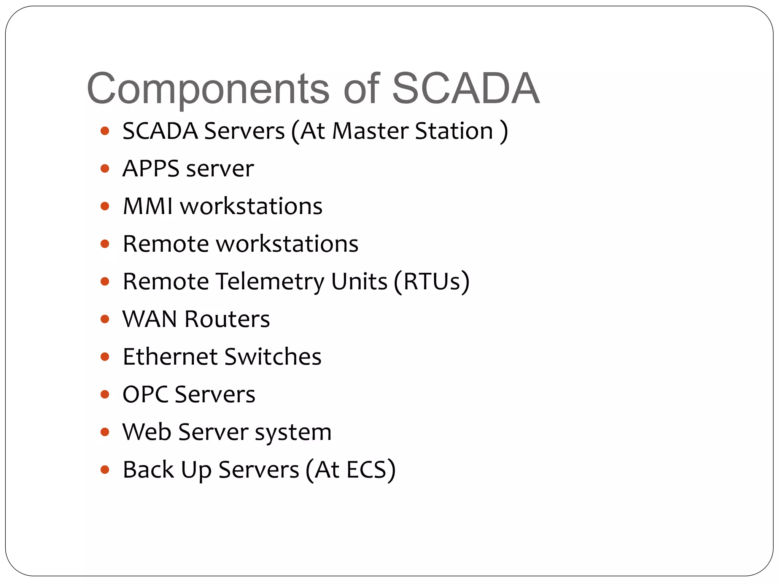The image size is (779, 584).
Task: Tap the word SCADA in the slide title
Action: pyautogui.click(x=466, y=89)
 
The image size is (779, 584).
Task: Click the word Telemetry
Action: pyautogui.click(x=270, y=282)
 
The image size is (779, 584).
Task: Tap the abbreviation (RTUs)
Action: pyautogui.click(x=432, y=282)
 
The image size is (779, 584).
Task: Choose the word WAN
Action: pyautogui.click(x=150, y=319)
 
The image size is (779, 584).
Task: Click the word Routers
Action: pyautogui.click(x=227, y=319)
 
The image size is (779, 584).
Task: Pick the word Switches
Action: pyautogui.click(x=273, y=357)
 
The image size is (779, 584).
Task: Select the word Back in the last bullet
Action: pyautogui.click(x=148, y=470)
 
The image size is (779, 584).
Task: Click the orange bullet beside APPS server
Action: pyautogui.click(x=105, y=168)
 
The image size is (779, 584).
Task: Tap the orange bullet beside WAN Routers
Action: pyautogui.click(x=105, y=319)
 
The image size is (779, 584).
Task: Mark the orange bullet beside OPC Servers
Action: pyautogui.click(x=105, y=394)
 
